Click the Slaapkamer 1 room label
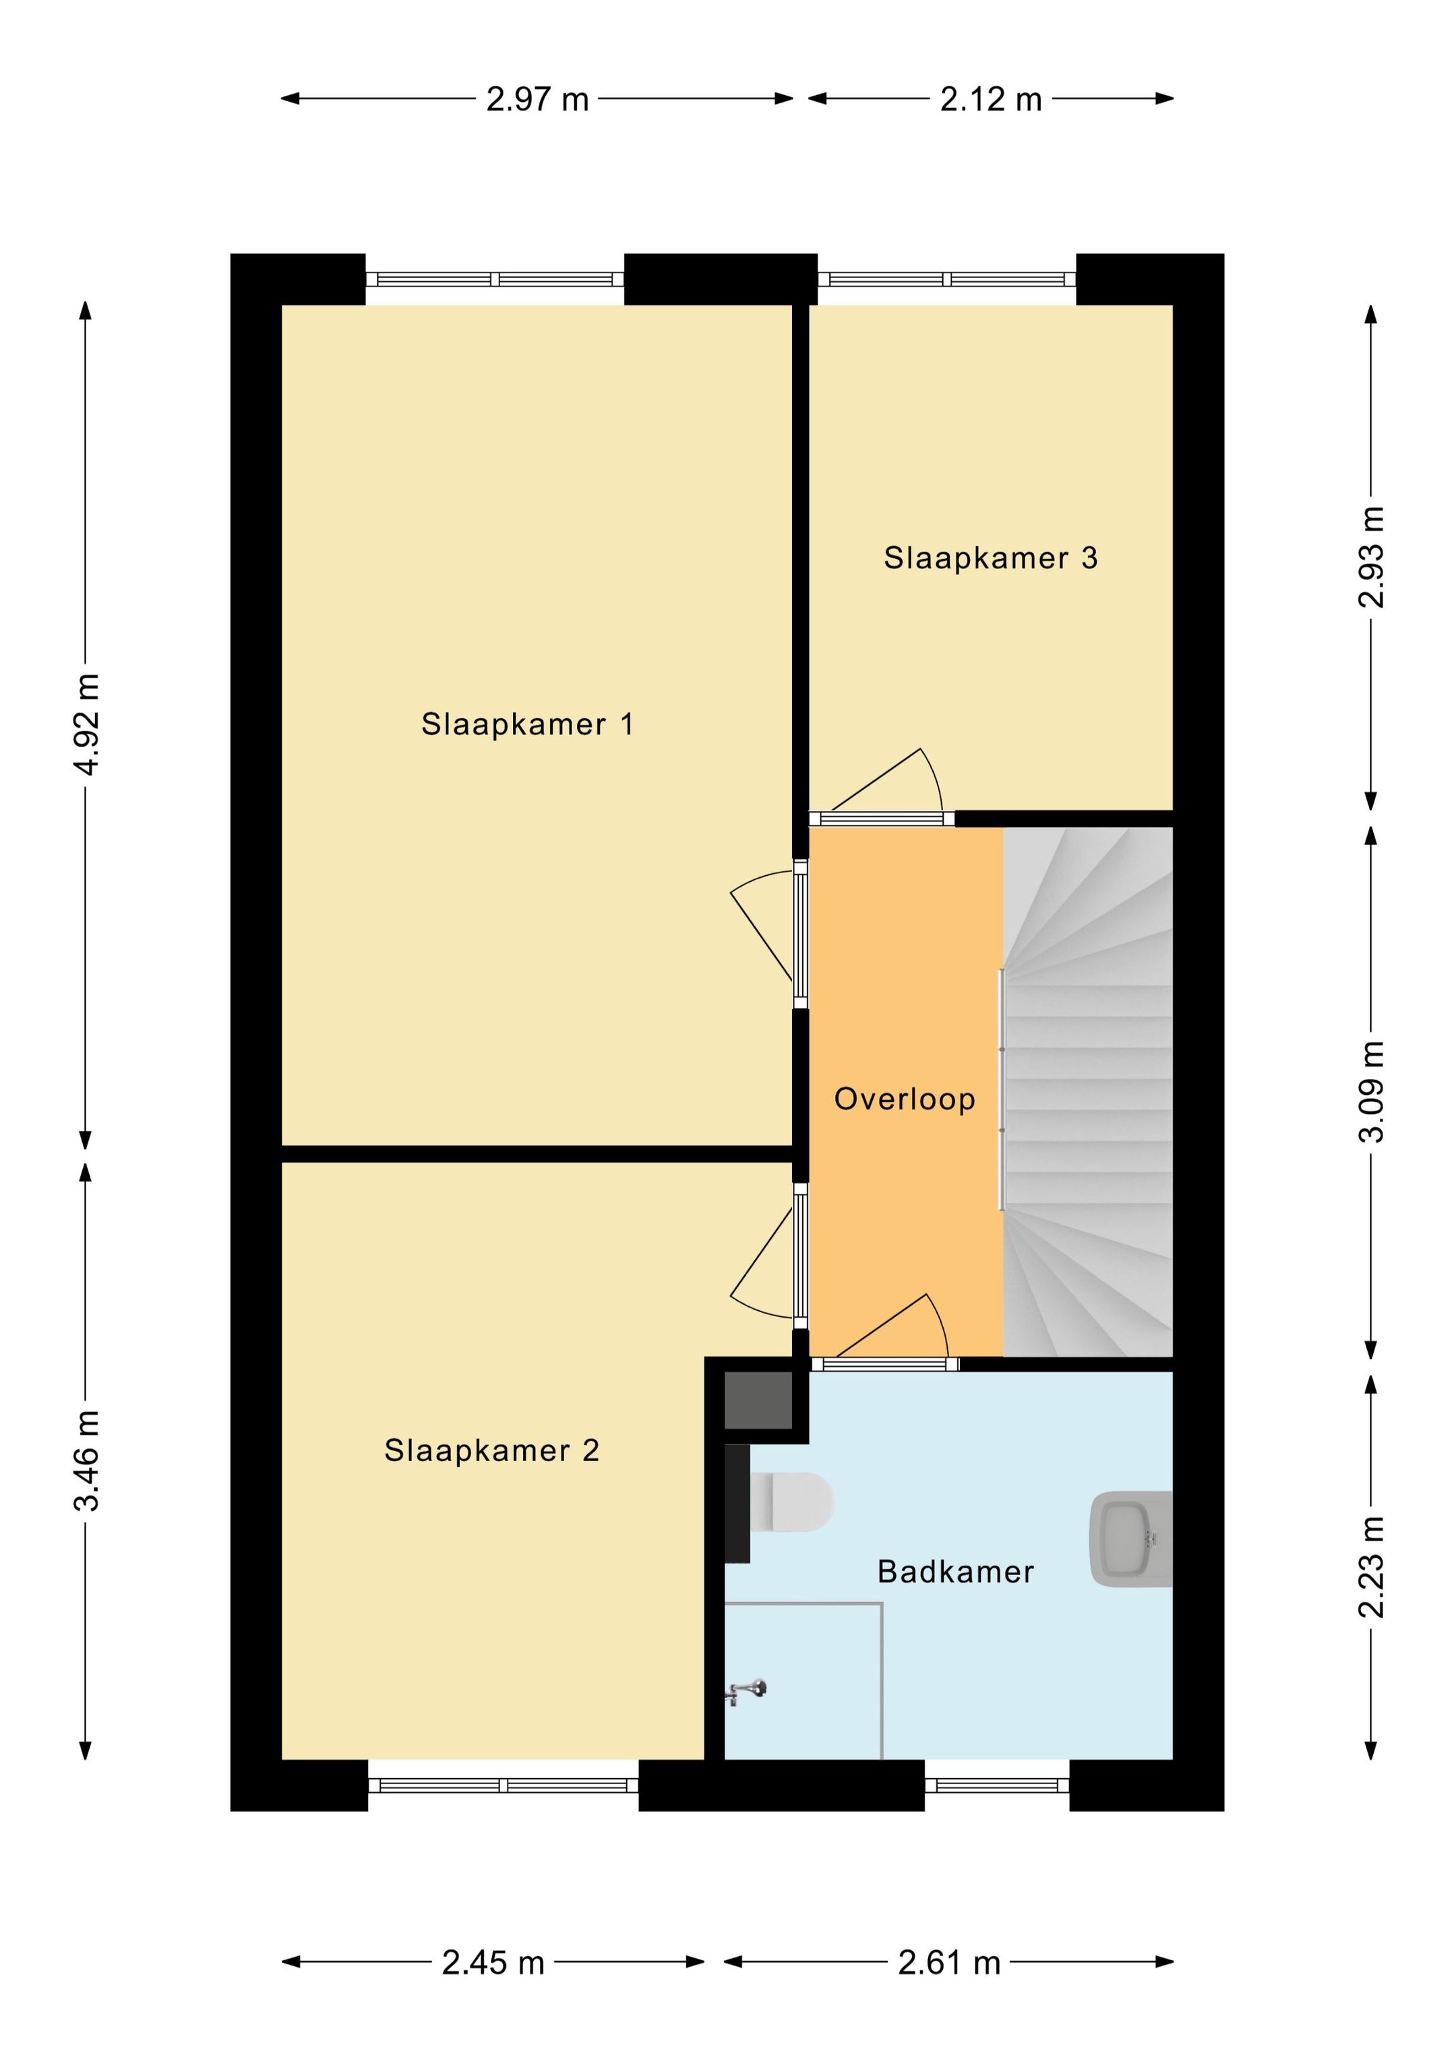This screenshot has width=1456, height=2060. coord(528,724)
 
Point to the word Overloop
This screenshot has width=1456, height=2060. coord(905,1099)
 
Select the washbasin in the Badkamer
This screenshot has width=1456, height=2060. coord(1130,1539)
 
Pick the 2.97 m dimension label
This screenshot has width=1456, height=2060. coord(537,98)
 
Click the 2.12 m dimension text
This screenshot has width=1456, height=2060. coord(990,98)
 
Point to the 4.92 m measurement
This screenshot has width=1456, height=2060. coord(87,724)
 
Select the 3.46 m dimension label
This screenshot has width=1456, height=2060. coord(87,1460)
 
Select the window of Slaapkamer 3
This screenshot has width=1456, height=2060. coord(946,279)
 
